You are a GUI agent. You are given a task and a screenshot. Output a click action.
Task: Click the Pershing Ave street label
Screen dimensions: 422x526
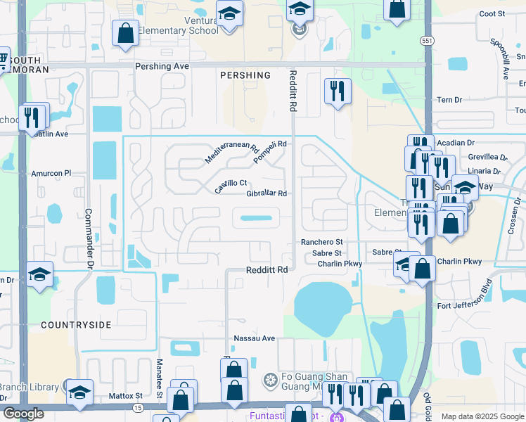coord(162,66)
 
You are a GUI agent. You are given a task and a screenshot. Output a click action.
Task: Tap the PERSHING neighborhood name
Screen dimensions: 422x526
coord(245,75)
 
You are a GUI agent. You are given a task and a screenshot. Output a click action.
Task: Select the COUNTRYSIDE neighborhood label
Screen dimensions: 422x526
coord(76,325)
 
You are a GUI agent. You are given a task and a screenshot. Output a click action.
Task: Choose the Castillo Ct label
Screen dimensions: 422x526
coord(231,187)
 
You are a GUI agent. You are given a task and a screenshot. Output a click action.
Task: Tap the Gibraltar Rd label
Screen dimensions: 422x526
coord(267,194)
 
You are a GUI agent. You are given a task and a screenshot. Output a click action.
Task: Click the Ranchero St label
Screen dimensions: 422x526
coord(321,242)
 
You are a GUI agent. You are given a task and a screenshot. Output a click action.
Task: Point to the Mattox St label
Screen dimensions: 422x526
coord(126,396)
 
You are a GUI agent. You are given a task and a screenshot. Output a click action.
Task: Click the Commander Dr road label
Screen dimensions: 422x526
coord(89,239)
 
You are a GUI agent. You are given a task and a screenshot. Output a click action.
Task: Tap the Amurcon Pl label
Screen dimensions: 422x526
coord(51,173)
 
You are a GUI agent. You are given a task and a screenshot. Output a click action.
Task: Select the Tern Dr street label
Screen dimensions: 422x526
coord(449,100)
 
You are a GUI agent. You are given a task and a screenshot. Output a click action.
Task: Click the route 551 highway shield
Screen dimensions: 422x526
coord(426,41)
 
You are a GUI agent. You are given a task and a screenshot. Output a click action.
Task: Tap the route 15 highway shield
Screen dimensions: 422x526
coord(136,408)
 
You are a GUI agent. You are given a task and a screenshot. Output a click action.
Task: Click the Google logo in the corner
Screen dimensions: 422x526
coord(23,414)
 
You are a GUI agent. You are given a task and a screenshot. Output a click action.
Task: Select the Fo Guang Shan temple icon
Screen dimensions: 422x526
coord(269,381)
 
